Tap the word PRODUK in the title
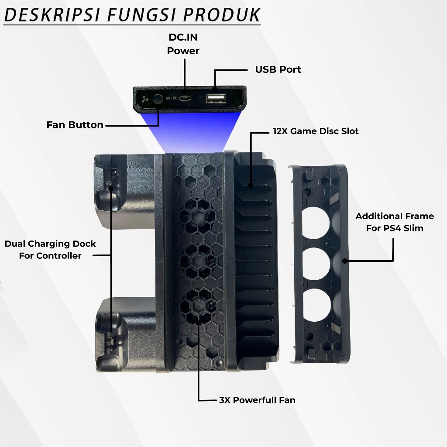pos(221,15)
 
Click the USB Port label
pos(278,69)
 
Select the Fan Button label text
pos(75,124)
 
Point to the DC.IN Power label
pos(183,44)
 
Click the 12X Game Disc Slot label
pos(316,131)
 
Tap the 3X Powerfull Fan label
pos(257,400)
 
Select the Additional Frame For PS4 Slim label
pos(395,222)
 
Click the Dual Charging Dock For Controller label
pos(50,250)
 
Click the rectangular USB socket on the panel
pos(216,99)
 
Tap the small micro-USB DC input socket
pos(185,99)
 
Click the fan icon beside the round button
pos(145,100)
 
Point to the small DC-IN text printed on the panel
pos(171,98)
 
